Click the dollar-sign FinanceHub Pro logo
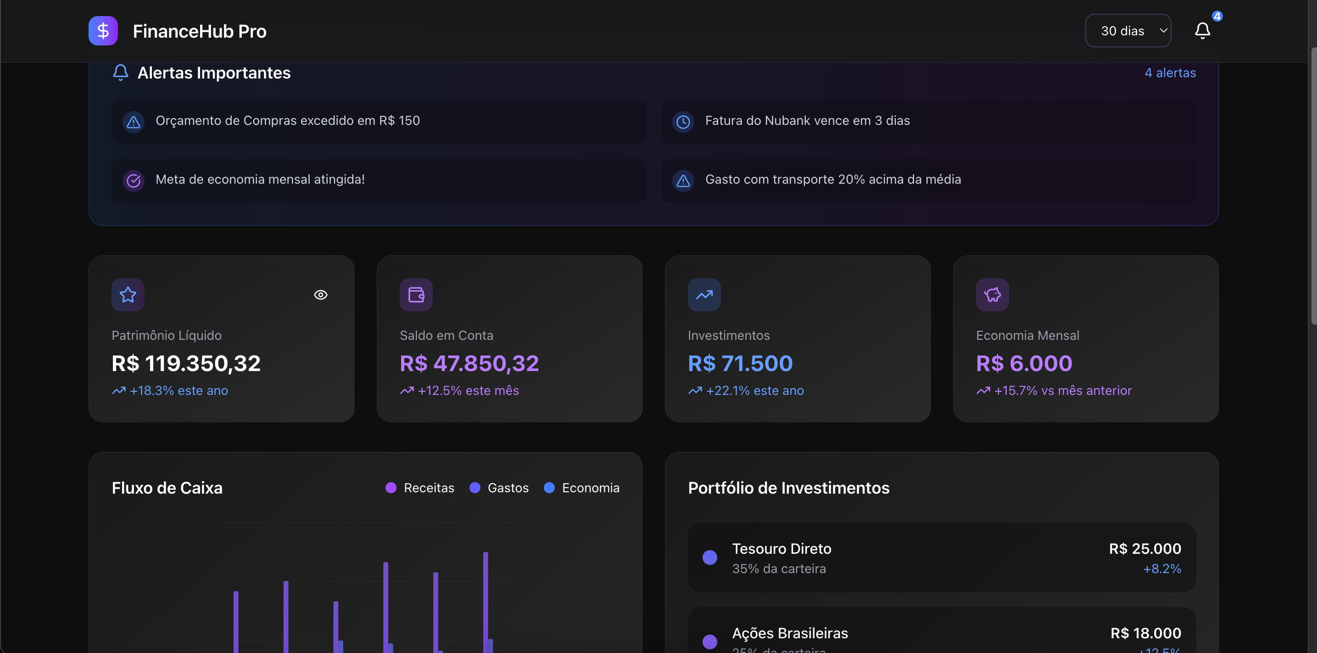coord(103,31)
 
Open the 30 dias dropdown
coord(1127,31)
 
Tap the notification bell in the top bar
coord(1202,31)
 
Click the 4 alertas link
coord(1170,73)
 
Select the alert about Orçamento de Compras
coord(287,121)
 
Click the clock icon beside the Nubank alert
coord(683,122)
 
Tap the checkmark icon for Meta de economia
coord(134,180)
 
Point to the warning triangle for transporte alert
coord(683,180)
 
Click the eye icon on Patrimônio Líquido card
coord(321,295)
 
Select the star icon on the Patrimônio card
coord(128,295)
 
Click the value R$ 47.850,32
coord(469,363)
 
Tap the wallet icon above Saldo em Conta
coord(416,295)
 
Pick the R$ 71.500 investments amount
coord(740,363)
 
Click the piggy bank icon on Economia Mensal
coord(992,295)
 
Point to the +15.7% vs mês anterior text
coord(1062,390)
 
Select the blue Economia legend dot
coord(549,488)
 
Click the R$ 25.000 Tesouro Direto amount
coord(1145,549)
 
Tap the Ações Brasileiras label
coord(789,633)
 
